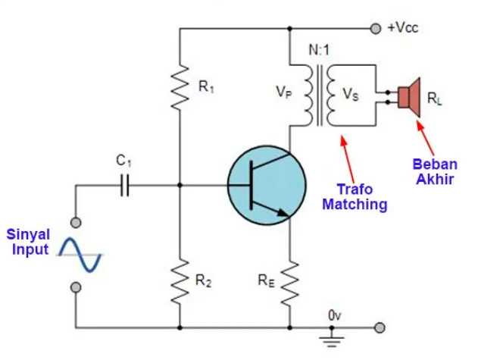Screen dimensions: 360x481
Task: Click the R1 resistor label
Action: pos(206,87)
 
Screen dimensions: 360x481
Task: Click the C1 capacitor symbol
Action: pos(126,183)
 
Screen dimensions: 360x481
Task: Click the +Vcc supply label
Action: pos(402,28)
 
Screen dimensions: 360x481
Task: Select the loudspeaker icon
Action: pos(410,96)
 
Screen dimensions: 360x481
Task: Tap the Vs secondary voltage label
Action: pos(351,95)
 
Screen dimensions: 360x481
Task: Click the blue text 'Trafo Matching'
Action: pos(355,197)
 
